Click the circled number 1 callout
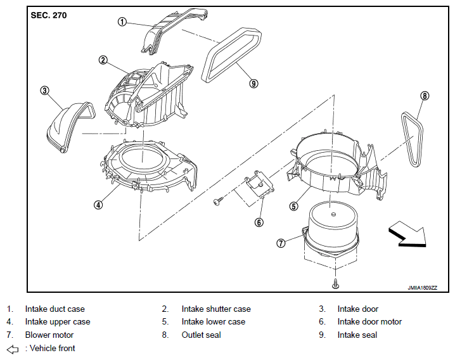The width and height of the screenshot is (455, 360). coord(122,22)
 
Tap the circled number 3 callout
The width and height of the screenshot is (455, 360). coord(44,91)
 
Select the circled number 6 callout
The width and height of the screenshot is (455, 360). coord(259,222)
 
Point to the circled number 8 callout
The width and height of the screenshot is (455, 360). coord(424,96)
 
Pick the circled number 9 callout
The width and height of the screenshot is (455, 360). coord(253,84)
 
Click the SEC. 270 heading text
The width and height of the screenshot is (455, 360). coord(49,15)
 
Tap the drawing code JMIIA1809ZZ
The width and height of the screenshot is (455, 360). coord(422,288)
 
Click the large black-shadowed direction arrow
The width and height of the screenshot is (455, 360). coord(407,234)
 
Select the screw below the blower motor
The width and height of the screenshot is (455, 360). coord(336,284)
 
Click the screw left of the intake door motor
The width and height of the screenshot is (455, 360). coord(218,201)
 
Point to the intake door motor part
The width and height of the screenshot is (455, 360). coord(259,184)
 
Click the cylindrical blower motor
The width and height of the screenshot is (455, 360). coord(331,230)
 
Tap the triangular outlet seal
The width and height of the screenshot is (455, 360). coord(412,139)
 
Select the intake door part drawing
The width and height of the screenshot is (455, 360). coord(70,127)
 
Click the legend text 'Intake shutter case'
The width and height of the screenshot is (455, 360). coord(216,309)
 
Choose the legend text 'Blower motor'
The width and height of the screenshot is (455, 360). coord(49,335)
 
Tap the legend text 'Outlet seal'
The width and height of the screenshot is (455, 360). coord(201,335)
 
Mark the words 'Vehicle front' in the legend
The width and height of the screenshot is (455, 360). coord(52,348)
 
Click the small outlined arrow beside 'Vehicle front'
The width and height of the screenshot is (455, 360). coord(13,349)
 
